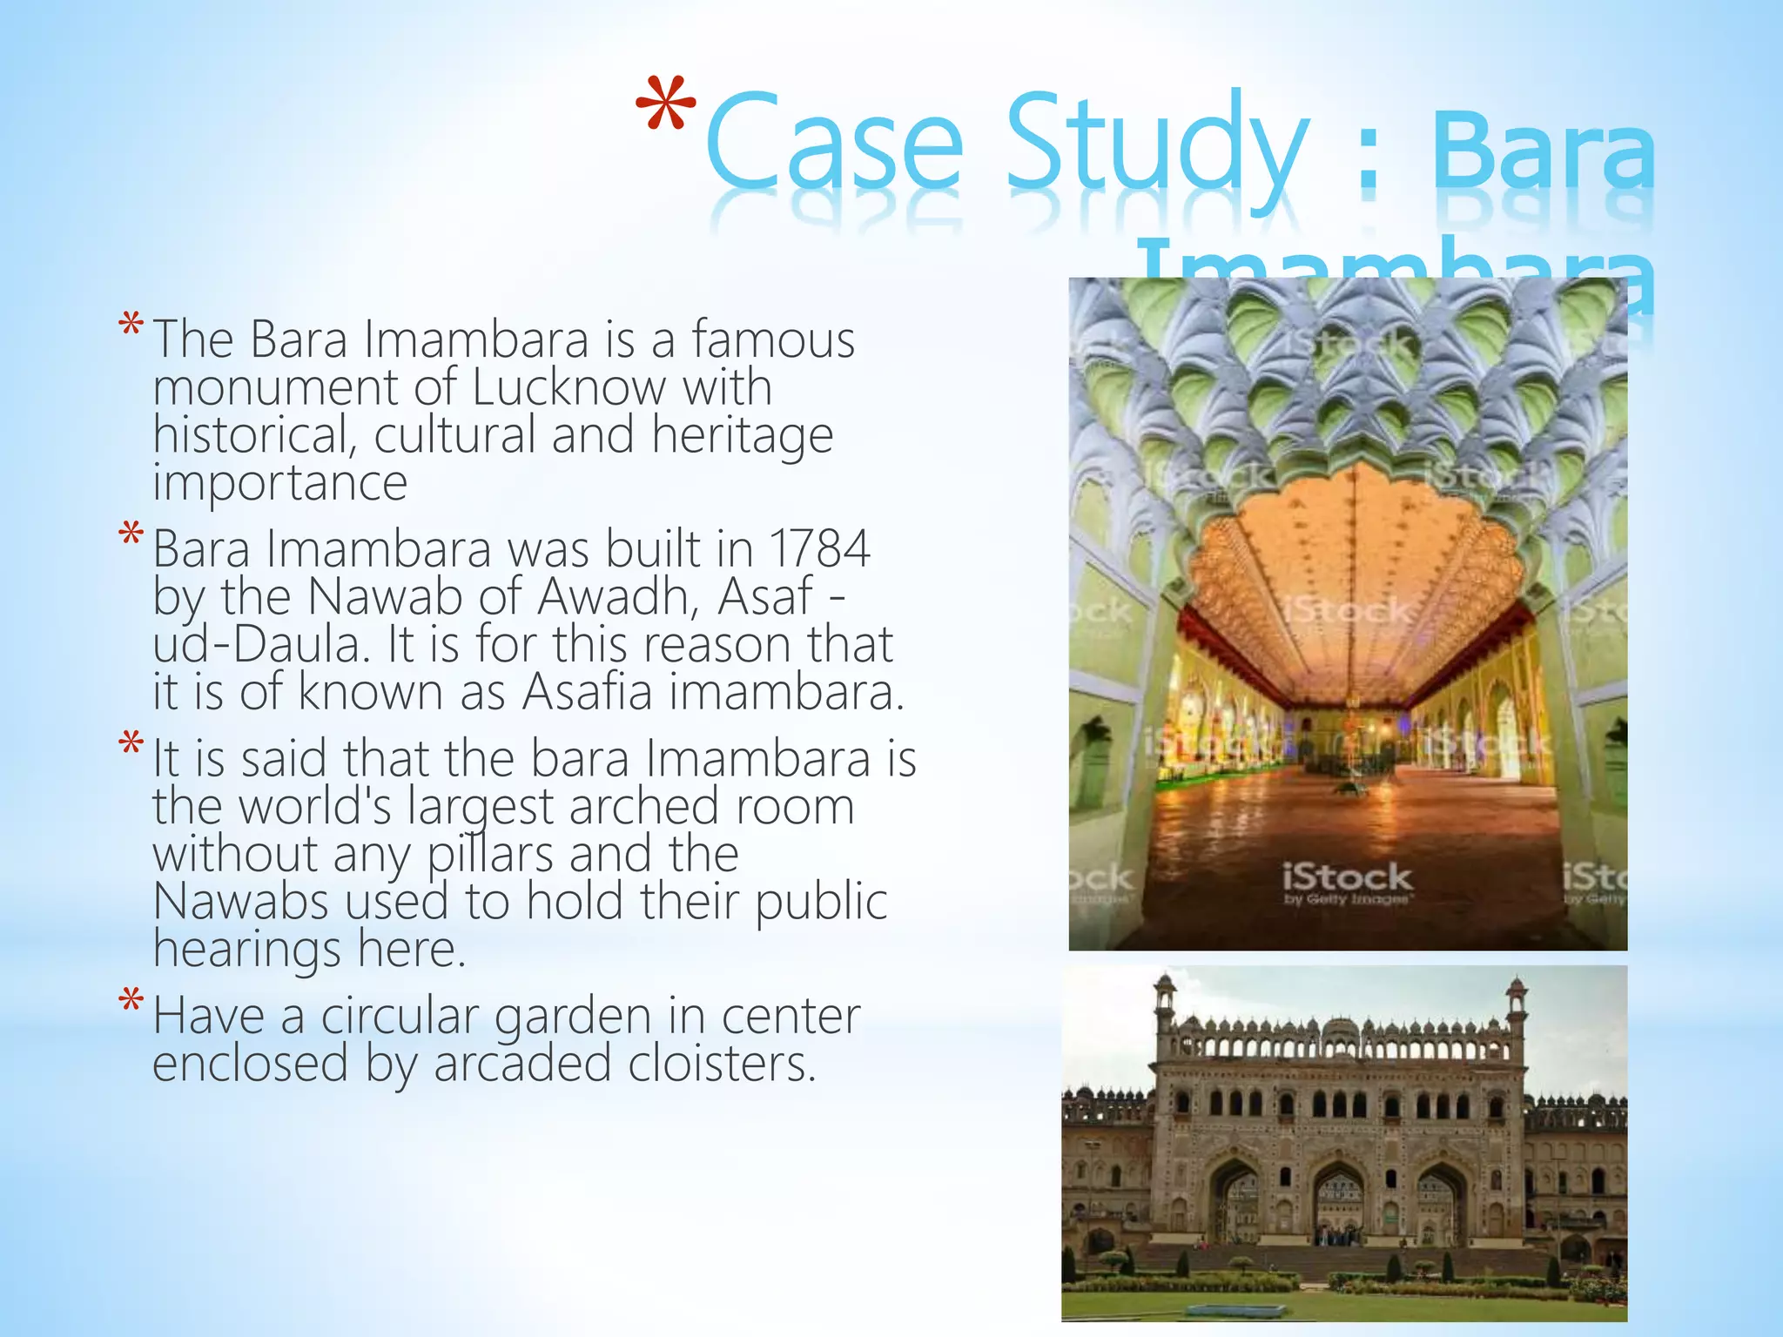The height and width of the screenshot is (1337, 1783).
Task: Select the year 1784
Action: click(819, 549)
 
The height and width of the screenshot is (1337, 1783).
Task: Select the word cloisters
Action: click(723, 1064)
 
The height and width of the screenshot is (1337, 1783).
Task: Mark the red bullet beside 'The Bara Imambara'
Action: click(131, 327)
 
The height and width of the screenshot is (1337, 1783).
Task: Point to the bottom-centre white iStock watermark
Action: click(1346, 881)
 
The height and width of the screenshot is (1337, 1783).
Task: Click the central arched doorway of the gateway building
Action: click(1338, 1206)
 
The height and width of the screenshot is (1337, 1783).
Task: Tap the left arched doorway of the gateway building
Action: click(1235, 1206)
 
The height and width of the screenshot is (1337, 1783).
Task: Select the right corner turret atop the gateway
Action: click(1517, 1001)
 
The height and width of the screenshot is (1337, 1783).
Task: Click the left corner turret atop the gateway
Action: click(1164, 1001)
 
